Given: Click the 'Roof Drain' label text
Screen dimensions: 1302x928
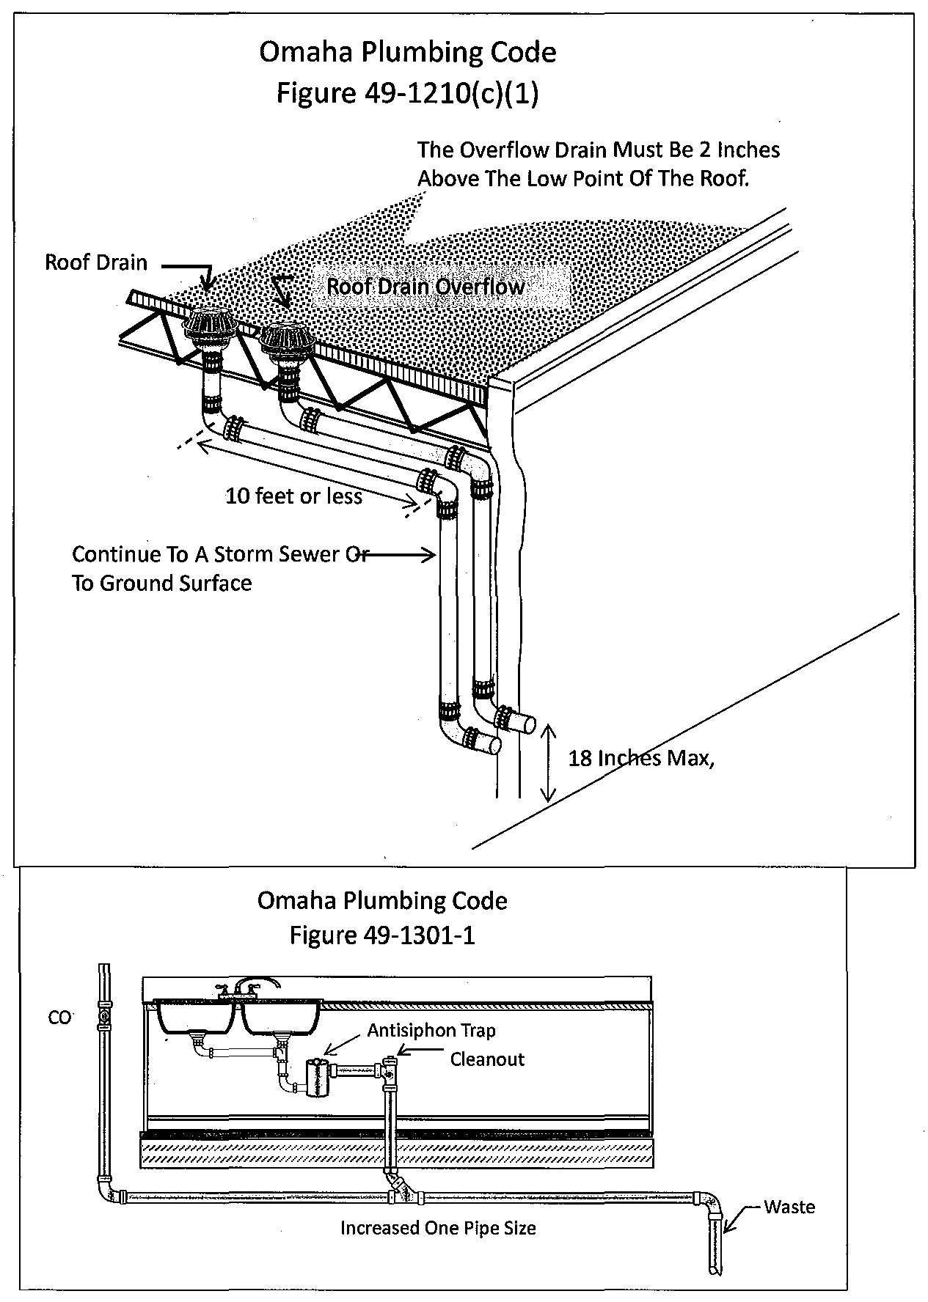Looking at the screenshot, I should click(x=96, y=262).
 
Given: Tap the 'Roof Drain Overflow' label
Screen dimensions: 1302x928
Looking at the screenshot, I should click(x=425, y=287).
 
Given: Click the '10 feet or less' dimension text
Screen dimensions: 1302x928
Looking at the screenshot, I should click(x=293, y=496).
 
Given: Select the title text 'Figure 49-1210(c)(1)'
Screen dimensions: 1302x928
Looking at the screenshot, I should click(x=407, y=93).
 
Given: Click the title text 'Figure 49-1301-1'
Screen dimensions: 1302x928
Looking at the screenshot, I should click(x=381, y=935).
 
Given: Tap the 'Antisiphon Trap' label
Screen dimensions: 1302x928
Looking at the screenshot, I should click(x=431, y=1030).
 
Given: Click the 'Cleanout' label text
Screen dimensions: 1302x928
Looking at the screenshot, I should click(x=487, y=1059).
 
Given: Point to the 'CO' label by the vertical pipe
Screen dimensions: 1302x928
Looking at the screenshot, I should click(x=60, y=1018).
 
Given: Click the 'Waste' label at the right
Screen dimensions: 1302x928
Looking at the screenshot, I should click(x=789, y=1207).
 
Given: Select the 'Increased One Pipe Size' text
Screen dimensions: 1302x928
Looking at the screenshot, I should click(x=438, y=1227).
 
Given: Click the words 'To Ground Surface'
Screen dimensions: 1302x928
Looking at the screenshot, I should click(x=161, y=584).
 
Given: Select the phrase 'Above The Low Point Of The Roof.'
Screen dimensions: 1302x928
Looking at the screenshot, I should click(x=583, y=179).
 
